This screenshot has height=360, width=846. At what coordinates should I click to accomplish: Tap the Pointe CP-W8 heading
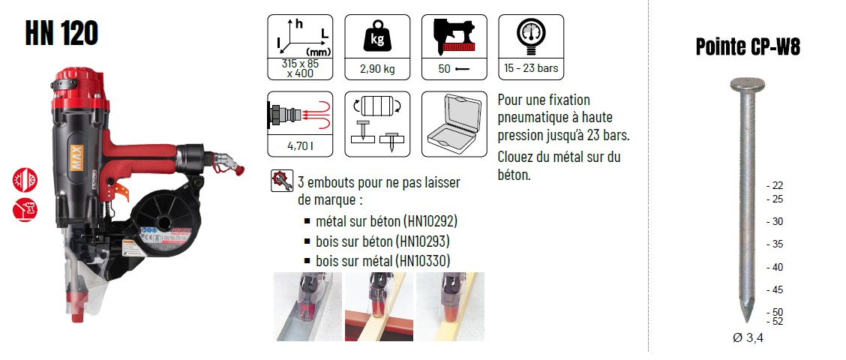click(747, 47)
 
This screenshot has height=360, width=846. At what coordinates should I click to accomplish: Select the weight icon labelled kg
click(377, 37)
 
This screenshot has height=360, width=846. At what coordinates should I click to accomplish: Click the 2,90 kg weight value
click(377, 69)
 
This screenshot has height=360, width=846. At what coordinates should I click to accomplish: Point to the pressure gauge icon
click(531, 35)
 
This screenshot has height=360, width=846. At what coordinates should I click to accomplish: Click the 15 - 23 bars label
click(531, 68)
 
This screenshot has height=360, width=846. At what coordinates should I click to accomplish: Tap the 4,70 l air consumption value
click(300, 145)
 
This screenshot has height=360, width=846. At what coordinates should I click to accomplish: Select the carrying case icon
click(454, 123)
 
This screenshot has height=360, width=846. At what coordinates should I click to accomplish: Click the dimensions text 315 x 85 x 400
click(300, 68)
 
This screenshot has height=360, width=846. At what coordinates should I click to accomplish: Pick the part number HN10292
click(432, 221)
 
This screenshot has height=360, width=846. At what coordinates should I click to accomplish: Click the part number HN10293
click(424, 241)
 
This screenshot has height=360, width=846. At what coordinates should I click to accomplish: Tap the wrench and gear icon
click(282, 181)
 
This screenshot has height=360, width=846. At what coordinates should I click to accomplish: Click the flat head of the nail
click(747, 84)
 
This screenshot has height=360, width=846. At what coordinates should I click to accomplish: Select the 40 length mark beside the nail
click(775, 267)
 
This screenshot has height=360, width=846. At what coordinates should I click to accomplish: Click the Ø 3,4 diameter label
click(748, 338)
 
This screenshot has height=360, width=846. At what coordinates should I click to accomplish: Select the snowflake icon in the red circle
click(25, 180)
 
